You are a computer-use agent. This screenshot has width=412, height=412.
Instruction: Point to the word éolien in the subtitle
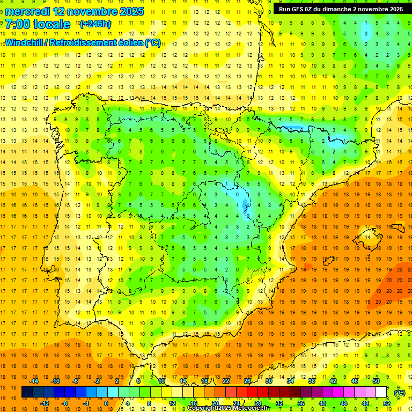tap(127, 42)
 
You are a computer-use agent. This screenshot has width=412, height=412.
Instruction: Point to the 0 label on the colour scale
tap(106, 403)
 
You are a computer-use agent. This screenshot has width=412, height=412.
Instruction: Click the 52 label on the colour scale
tap(386, 403)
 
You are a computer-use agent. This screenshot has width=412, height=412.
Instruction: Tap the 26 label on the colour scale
tap(247, 381)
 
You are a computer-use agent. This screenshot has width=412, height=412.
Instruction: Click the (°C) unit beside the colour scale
tap(399, 393)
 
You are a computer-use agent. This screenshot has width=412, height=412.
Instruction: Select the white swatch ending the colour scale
tap(381, 392)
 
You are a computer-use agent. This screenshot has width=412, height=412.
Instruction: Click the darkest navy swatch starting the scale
tap(27, 392)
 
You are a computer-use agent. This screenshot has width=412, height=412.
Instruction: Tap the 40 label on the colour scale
tap(322, 403)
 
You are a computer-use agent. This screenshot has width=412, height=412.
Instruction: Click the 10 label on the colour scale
tap(161, 381)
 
